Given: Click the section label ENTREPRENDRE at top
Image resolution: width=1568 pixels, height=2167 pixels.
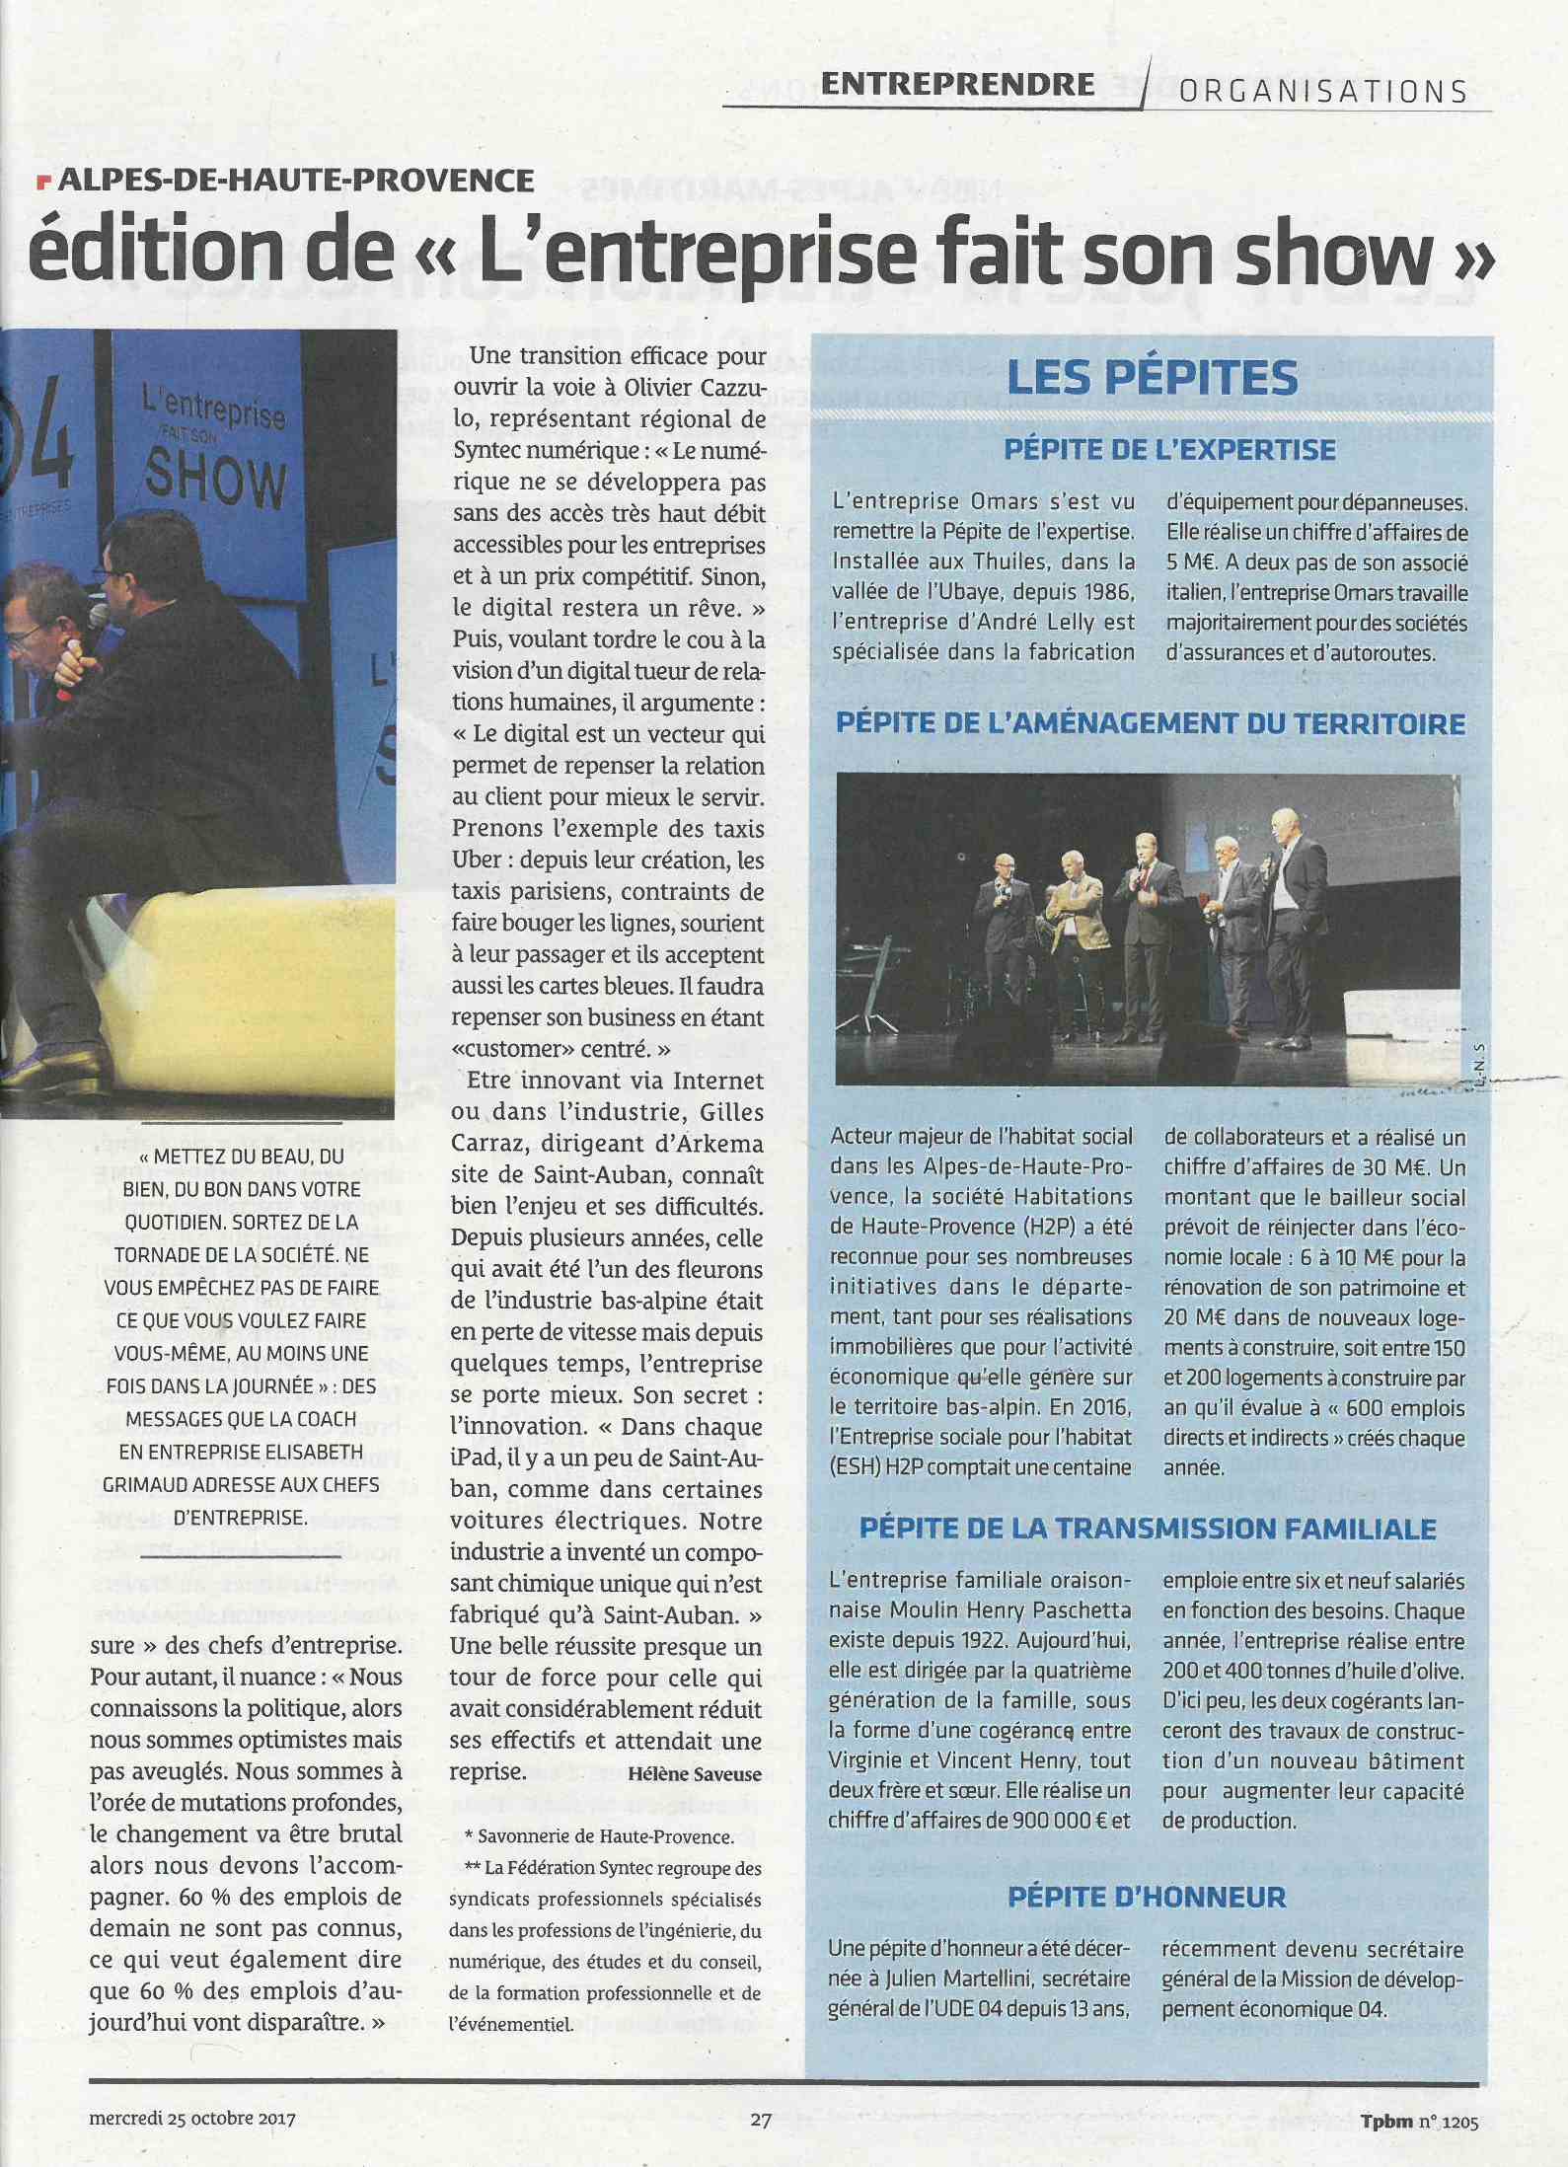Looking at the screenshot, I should (x=957, y=85).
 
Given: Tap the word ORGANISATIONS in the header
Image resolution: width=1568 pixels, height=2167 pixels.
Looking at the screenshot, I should (x=1323, y=92).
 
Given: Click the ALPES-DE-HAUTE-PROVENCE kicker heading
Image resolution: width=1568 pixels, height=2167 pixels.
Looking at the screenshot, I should (x=295, y=181).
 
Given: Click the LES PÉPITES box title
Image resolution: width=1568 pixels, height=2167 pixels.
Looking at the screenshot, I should (x=1152, y=378).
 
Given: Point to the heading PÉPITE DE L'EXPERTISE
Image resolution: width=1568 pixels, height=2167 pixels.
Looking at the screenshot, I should (x=1169, y=450).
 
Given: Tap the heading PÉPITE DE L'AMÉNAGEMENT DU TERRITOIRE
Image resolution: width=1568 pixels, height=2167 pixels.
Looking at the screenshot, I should (x=1151, y=723).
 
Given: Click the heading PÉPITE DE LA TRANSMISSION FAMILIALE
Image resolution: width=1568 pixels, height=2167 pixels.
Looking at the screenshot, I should (x=1148, y=1529).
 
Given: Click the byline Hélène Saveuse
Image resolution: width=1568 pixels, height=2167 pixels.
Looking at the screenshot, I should (x=695, y=1774).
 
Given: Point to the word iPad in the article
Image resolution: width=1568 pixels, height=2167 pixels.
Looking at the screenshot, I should (x=475, y=1457).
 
